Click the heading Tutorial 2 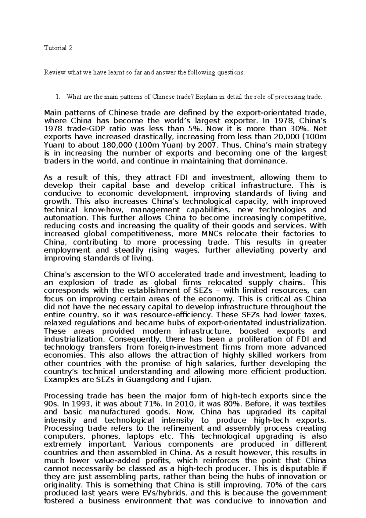tap(58, 48)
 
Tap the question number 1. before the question tap(58, 97)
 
